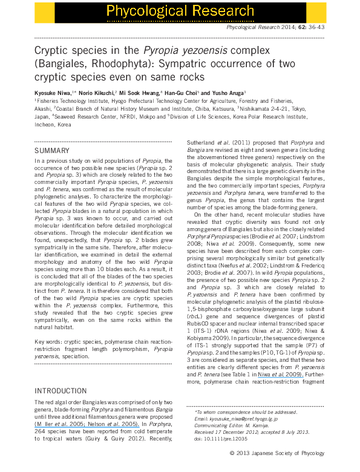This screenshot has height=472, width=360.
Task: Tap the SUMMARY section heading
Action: [53, 150]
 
